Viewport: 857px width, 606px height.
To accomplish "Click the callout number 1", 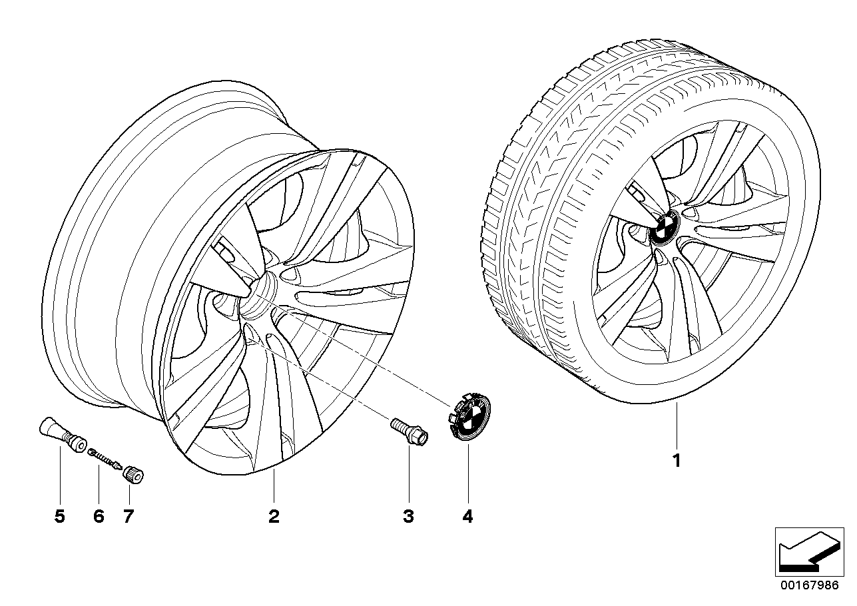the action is [x=677, y=461].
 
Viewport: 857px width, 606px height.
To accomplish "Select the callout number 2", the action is [x=274, y=517].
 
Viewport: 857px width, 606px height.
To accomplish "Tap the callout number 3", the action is [x=409, y=517].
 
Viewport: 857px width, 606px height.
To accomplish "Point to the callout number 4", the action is [x=467, y=517].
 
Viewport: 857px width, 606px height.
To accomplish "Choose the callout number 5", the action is [x=60, y=517].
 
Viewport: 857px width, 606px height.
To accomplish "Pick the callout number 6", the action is [x=99, y=517].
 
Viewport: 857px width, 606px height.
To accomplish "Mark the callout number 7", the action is [x=129, y=517].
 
